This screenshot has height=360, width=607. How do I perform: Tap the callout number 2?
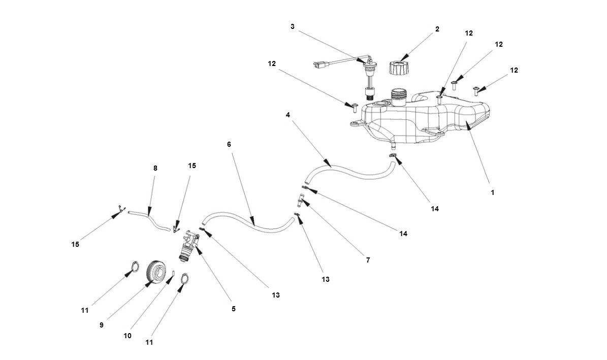437,29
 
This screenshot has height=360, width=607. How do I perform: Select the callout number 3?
293,26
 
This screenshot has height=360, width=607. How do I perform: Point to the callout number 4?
288,115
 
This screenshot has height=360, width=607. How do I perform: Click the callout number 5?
234,308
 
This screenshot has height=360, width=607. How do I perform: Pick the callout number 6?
229,144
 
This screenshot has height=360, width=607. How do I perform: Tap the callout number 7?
368,260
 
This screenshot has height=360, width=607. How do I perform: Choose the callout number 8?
155,168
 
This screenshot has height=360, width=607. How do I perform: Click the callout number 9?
102,325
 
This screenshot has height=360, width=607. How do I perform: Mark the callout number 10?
127,336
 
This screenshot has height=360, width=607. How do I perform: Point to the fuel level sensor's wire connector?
318,65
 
